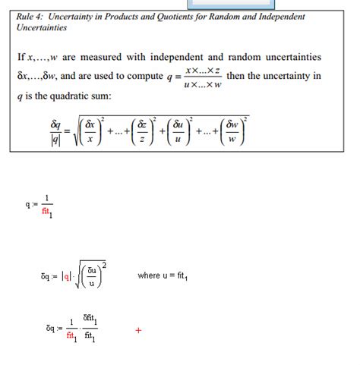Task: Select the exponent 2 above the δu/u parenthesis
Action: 103,265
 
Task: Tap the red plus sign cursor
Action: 138,330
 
